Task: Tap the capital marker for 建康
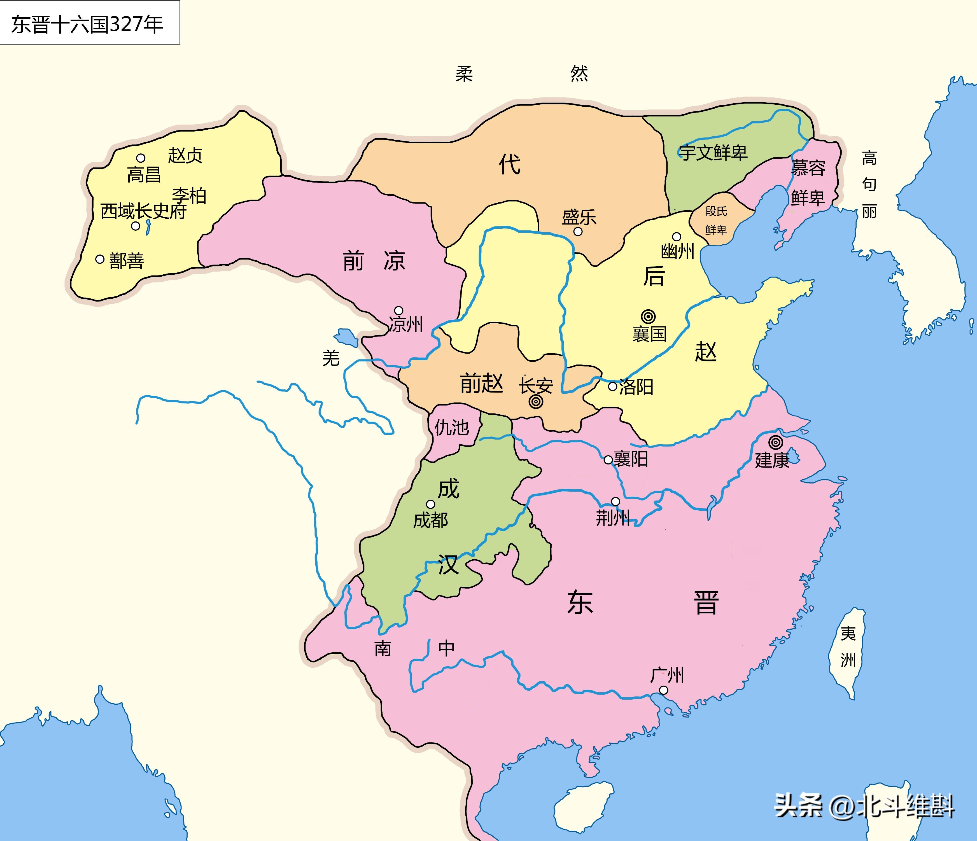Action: (775, 442)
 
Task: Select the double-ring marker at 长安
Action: (536, 402)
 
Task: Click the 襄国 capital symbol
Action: (648, 316)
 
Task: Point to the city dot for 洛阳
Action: (612, 387)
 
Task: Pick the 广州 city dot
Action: (663, 690)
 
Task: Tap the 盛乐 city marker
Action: (578, 232)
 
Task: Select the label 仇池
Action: (451, 427)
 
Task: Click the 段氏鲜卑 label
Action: (716, 220)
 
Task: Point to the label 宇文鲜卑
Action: (713, 152)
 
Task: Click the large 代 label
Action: (510, 165)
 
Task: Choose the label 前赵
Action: (481, 383)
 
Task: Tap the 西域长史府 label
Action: (143, 211)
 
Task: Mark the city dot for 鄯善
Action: (99, 259)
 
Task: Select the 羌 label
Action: (331, 358)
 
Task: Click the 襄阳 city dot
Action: (608, 460)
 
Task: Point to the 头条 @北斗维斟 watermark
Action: (864, 806)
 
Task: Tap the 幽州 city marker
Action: (676, 237)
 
